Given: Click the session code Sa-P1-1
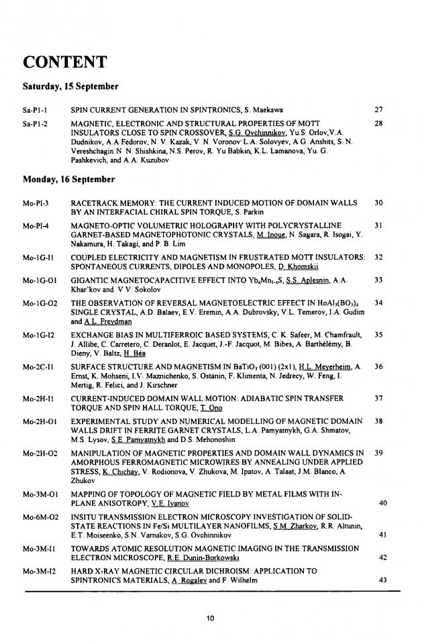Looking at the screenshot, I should [x=34, y=107].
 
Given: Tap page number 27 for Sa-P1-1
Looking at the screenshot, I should [x=378, y=107].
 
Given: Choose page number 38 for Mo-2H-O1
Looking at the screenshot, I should [x=378, y=421].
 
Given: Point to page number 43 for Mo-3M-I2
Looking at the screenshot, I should [x=383, y=580].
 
